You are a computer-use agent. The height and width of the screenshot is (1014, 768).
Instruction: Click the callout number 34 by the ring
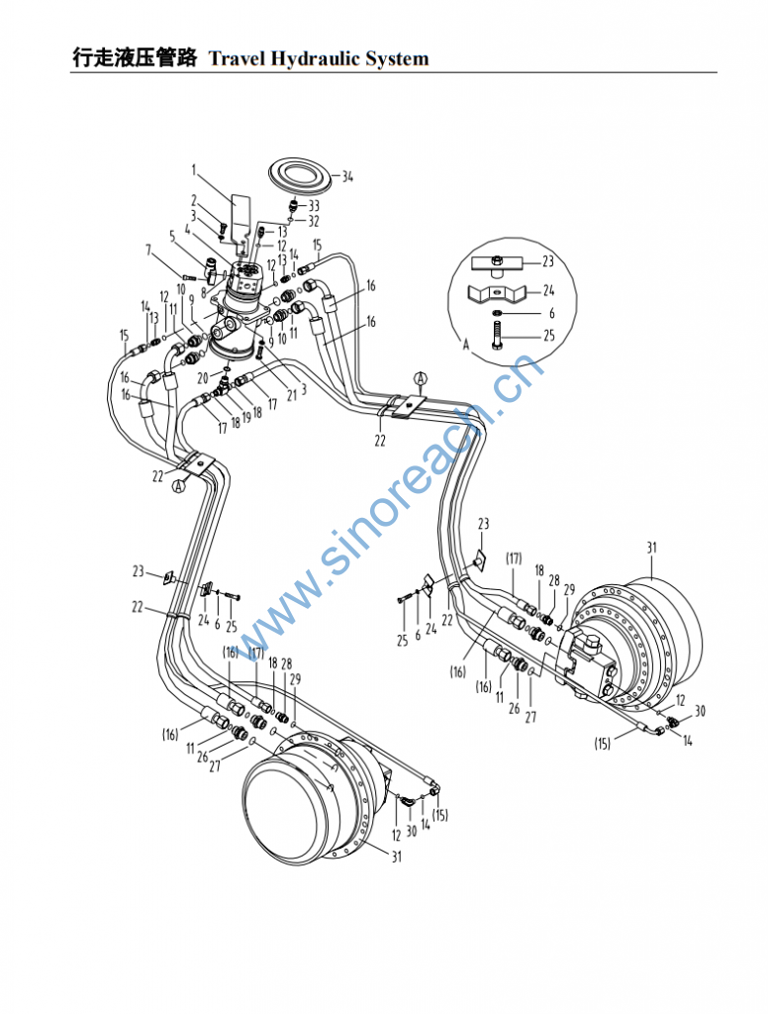(347, 177)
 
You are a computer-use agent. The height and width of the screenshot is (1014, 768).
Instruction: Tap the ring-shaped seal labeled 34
(299, 176)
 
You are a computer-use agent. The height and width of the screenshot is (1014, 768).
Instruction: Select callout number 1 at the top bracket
(195, 169)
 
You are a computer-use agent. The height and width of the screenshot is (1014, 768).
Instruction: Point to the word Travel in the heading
(234, 58)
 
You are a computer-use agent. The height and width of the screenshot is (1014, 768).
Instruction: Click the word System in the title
(397, 58)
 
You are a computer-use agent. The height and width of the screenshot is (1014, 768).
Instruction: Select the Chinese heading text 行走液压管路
(135, 57)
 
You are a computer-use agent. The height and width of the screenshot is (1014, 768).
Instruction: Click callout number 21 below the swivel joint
(291, 393)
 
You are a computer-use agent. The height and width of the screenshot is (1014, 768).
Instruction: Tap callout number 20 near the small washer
(202, 378)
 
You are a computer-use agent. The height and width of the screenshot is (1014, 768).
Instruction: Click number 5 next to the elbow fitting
(172, 236)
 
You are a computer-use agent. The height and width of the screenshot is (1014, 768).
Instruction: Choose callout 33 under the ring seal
(314, 205)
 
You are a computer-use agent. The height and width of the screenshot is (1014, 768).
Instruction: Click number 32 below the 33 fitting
(314, 221)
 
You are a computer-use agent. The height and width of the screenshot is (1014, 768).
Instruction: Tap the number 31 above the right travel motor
(651, 547)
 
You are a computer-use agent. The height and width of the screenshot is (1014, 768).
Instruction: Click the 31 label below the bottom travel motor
(396, 858)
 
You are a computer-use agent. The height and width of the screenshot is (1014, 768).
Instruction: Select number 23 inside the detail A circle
(549, 262)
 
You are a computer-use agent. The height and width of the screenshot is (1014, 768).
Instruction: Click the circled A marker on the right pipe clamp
(421, 379)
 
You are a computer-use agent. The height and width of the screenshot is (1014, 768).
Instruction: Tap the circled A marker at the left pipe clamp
(179, 486)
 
